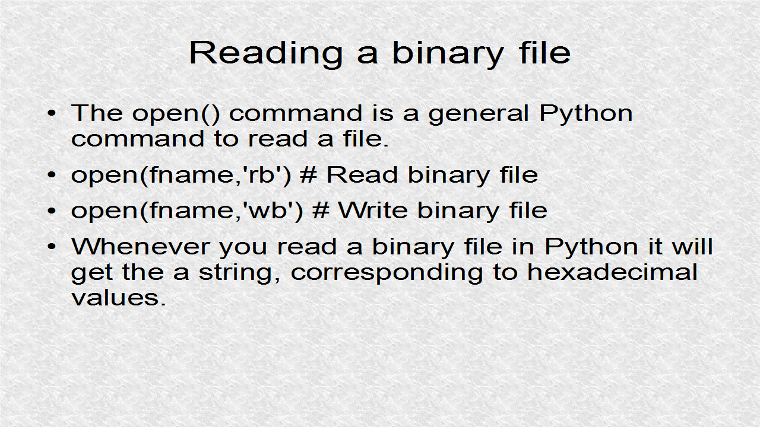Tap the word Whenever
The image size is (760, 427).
(x=140, y=246)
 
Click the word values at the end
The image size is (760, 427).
(x=118, y=297)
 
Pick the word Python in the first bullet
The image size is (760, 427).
(x=585, y=113)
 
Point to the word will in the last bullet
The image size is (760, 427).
(x=692, y=246)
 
